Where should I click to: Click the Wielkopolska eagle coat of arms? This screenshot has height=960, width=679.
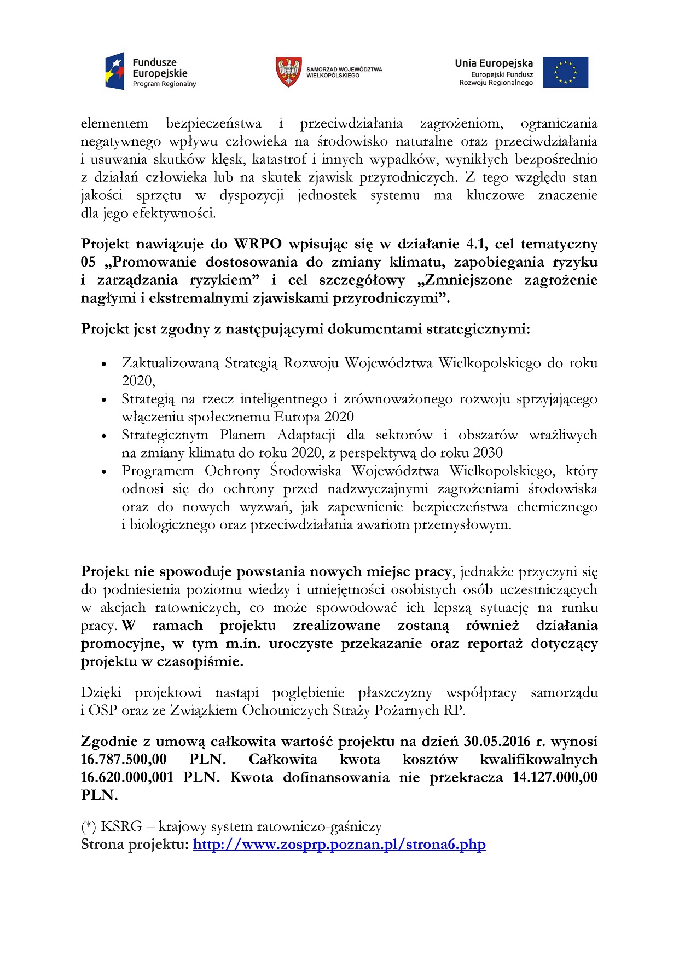click(x=289, y=72)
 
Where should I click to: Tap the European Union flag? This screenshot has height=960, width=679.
click(x=565, y=72)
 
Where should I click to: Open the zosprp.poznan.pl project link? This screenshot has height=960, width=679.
click(x=339, y=845)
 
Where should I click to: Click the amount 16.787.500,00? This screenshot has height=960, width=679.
click(x=124, y=760)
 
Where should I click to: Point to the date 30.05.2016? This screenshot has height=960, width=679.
click(x=497, y=742)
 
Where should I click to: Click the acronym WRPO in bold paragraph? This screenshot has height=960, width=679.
click(x=258, y=244)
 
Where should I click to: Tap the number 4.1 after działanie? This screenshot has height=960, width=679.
click(x=477, y=244)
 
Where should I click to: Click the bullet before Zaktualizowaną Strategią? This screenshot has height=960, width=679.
click(x=104, y=364)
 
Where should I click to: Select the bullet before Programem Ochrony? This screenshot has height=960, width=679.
click(x=104, y=472)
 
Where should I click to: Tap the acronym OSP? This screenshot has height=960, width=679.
click(x=103, y=710)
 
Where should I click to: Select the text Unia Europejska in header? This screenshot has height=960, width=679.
click(x=494, y=63)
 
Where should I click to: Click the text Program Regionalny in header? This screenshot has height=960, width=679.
click(x=164, y=84)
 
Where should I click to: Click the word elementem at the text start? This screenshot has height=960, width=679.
click(x=114, y=124)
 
